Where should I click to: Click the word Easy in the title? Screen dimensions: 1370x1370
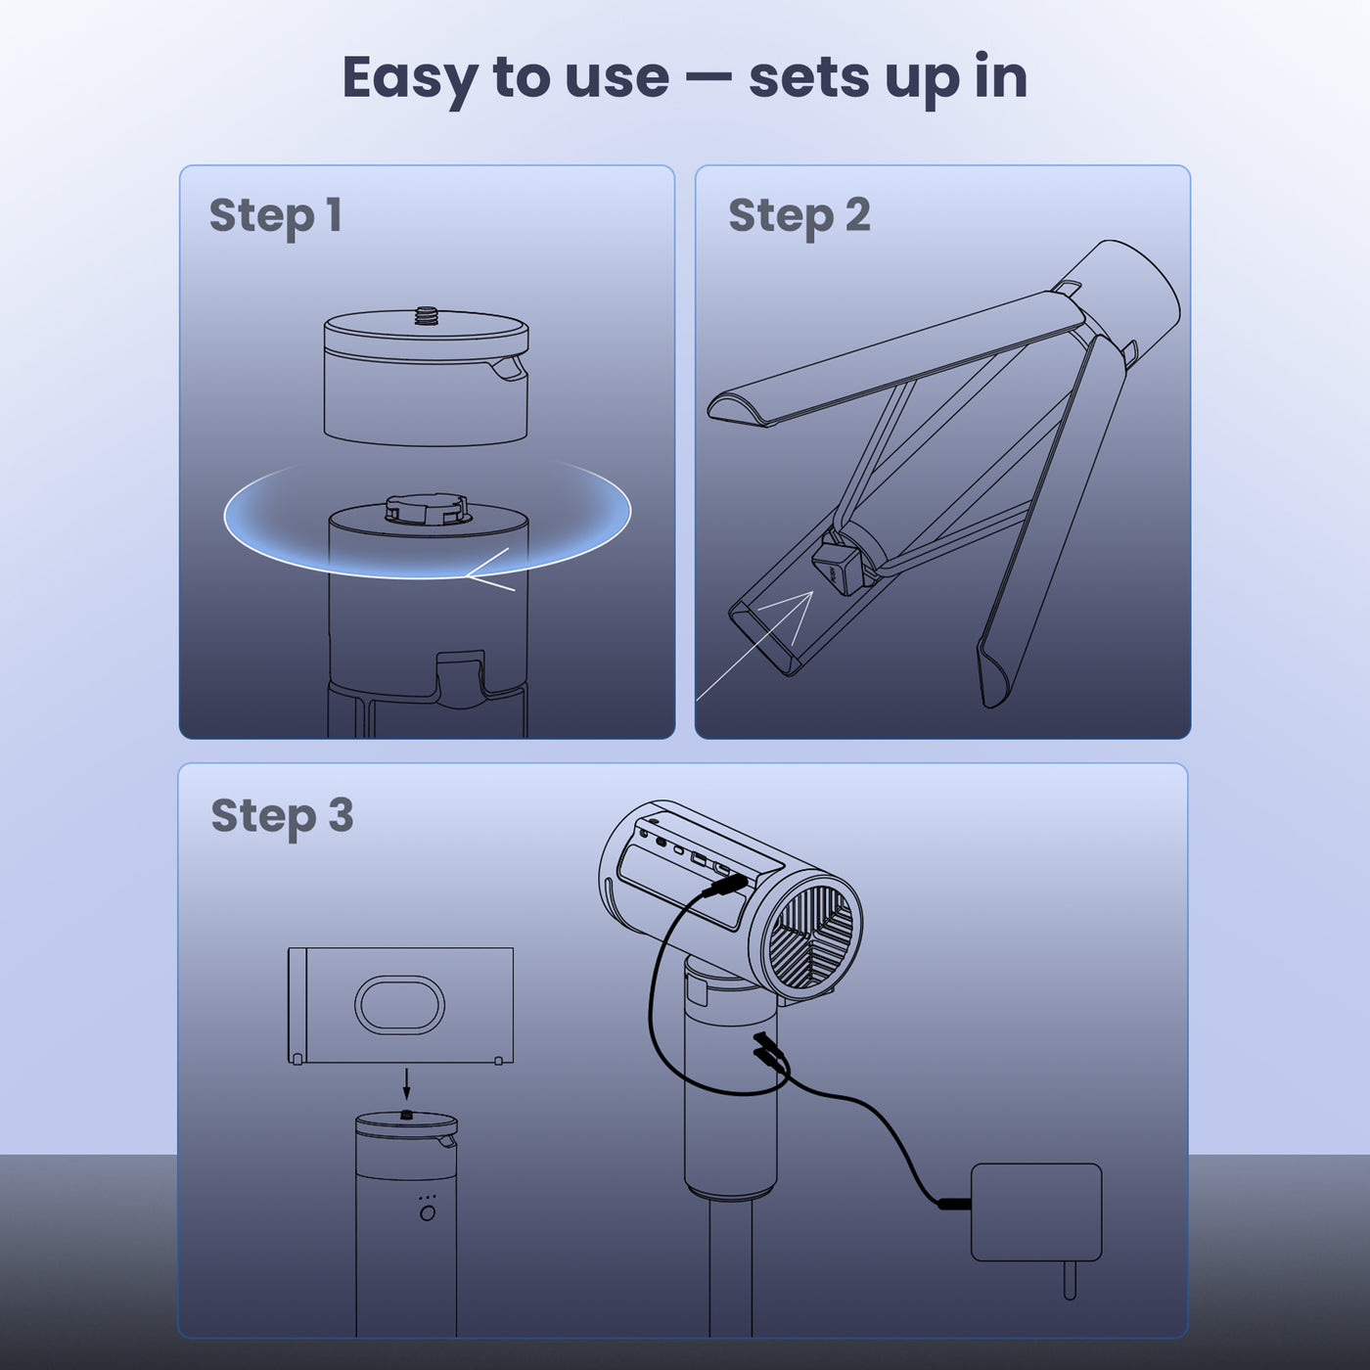(409, 78)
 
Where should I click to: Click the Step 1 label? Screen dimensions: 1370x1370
(275, 216)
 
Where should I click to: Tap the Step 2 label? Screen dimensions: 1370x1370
(799, 216)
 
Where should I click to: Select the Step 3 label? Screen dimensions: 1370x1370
(282, 816)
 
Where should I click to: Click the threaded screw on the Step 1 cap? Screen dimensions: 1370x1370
(426, 315)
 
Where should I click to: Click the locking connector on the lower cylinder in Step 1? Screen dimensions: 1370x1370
(427, 508)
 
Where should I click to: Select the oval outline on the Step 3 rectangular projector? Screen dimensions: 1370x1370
(399, 1004)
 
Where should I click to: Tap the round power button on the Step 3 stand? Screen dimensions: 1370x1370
(427, 1213)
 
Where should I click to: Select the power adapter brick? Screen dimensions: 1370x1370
(1035, 1211)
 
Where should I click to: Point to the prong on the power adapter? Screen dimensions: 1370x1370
(1069, 1280)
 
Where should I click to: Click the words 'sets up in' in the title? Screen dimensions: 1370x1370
(888, 78)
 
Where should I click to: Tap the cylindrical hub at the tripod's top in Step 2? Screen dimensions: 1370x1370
(1125, 294)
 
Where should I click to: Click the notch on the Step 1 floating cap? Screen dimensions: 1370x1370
(508, 369)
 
